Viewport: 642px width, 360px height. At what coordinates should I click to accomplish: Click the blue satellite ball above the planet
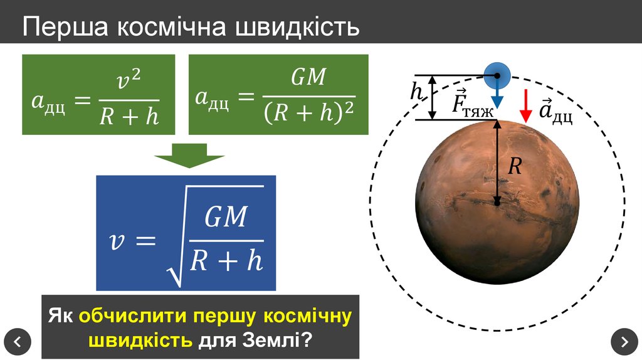point(497,76)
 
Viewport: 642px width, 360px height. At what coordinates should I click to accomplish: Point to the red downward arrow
point(526,105)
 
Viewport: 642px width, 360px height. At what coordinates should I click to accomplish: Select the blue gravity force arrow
point(497,97)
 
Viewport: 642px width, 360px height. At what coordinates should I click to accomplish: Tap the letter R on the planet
point(515,166)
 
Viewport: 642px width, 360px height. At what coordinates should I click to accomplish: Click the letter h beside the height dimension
point(417,93)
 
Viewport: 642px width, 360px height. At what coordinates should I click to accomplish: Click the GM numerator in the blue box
point(226,218)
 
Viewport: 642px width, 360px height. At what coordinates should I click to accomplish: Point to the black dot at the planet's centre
point(497,202)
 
